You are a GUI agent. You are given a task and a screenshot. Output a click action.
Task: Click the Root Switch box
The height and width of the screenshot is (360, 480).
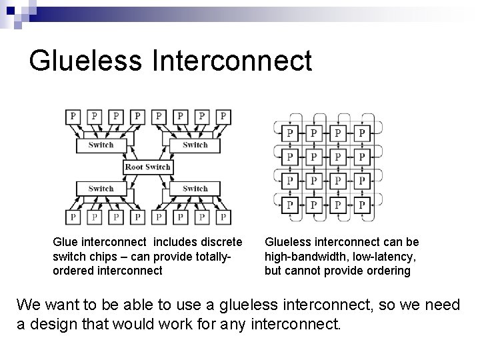click(x=148, y=167)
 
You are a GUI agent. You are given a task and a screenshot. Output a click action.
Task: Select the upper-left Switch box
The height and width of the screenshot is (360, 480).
click(x=101, y=145)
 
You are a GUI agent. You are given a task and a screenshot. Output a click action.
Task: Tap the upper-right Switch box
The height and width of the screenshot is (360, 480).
click(x=195, y=145)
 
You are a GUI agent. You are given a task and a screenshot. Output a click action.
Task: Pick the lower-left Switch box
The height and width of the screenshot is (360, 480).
click(x=101, y=189)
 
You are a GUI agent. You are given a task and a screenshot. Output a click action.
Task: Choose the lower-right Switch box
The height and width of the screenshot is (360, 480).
click(x=195, y=189)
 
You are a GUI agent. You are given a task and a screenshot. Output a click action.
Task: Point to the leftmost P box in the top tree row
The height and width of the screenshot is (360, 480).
click(x=72, y=117)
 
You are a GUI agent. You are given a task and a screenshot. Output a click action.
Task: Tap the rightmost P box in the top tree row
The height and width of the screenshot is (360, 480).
click(x=223, y=117)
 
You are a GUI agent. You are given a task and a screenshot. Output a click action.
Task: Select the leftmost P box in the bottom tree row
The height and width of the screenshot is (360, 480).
click(x=72, y=217)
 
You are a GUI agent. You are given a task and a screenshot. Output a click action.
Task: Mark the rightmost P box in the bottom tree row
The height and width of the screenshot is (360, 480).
click(x=223, y=217)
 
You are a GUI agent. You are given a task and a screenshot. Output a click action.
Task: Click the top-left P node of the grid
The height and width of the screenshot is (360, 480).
click(x=289, y=133)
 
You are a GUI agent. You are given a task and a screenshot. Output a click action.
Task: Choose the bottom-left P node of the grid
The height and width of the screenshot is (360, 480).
click(x=289, y=205)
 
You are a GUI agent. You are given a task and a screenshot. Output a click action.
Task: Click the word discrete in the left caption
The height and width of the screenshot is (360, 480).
click(x=221, y=243)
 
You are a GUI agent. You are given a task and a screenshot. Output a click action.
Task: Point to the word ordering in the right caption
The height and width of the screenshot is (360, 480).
click(x=389, y=271)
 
